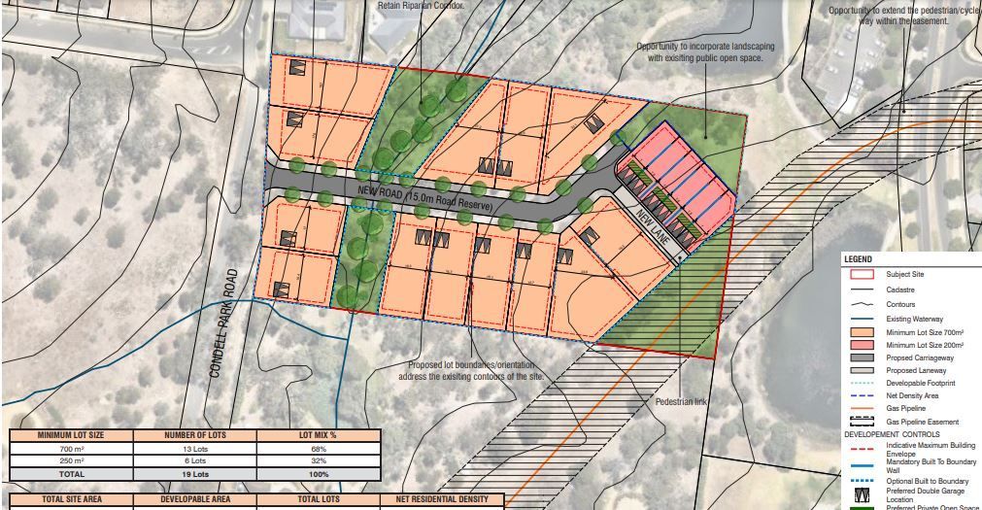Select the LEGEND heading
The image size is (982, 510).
point(859,259)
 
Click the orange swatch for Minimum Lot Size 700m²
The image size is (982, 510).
point(863,332)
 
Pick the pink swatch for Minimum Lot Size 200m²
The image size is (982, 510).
point(863,346)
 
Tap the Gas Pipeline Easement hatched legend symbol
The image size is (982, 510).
point(863,422)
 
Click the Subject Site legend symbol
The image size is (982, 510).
point(863,274)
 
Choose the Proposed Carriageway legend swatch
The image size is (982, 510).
point(863,358)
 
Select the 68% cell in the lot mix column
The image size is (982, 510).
point(319,449)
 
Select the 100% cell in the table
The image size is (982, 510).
point(319,474)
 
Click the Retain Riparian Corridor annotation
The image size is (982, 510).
point(420,5)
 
